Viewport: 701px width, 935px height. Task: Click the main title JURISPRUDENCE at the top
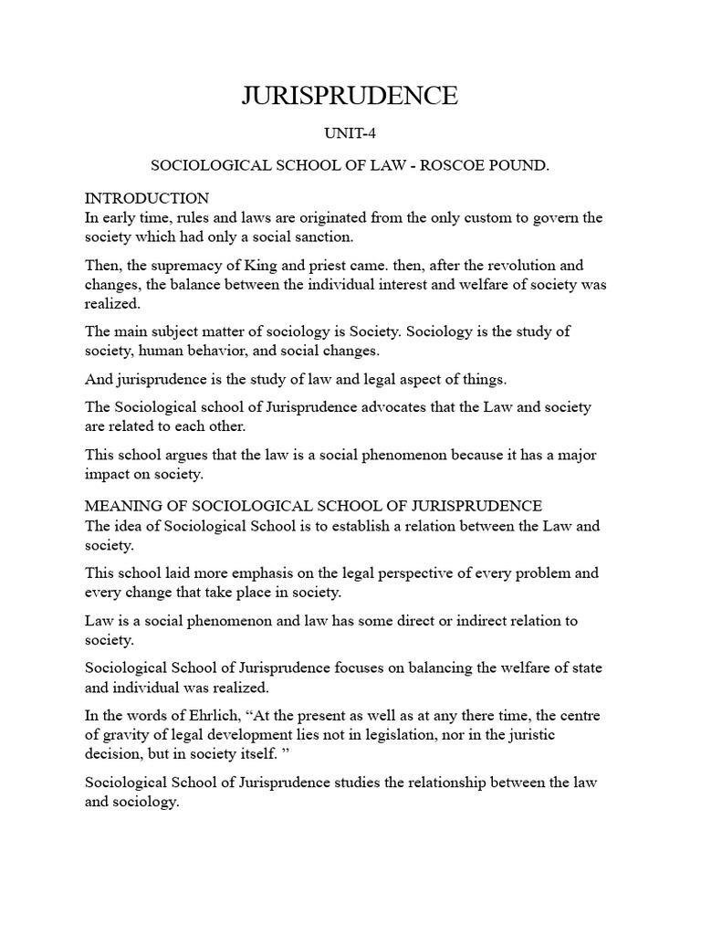click(350, 96)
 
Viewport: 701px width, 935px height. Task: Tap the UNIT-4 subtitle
click(350, 134)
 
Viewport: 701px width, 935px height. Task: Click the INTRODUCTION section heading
click(147, 198)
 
